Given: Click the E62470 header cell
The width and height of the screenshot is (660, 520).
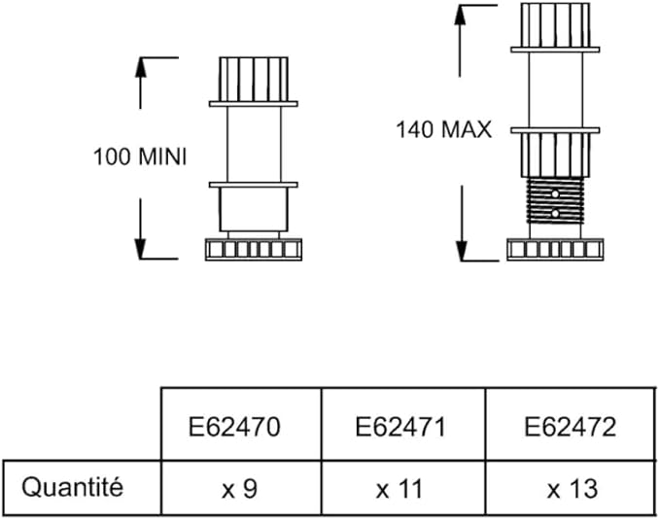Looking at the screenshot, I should point(240,427).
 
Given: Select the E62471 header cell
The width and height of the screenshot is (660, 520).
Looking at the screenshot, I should point(400,427).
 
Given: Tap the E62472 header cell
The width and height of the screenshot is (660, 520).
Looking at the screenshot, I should point(570,427).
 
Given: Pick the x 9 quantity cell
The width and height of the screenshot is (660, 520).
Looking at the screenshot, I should point(240,488).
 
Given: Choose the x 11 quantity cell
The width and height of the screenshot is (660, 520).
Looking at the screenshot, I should point(400,488).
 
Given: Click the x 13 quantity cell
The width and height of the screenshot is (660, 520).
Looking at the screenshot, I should point(570,488).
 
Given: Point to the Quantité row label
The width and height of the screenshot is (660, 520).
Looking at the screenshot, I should point(73,487).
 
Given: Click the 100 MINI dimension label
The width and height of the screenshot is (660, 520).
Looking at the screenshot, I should point(139,156).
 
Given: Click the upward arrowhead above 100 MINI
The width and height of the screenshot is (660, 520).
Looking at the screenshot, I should point(142,65).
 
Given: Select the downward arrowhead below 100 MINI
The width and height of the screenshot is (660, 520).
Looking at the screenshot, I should point(142,250).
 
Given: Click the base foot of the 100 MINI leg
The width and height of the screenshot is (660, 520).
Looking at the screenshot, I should point(253,250).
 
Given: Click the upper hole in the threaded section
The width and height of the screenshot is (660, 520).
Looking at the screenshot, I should point(555,195).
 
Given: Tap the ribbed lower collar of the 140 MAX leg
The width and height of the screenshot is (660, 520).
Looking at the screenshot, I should point(553,154).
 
